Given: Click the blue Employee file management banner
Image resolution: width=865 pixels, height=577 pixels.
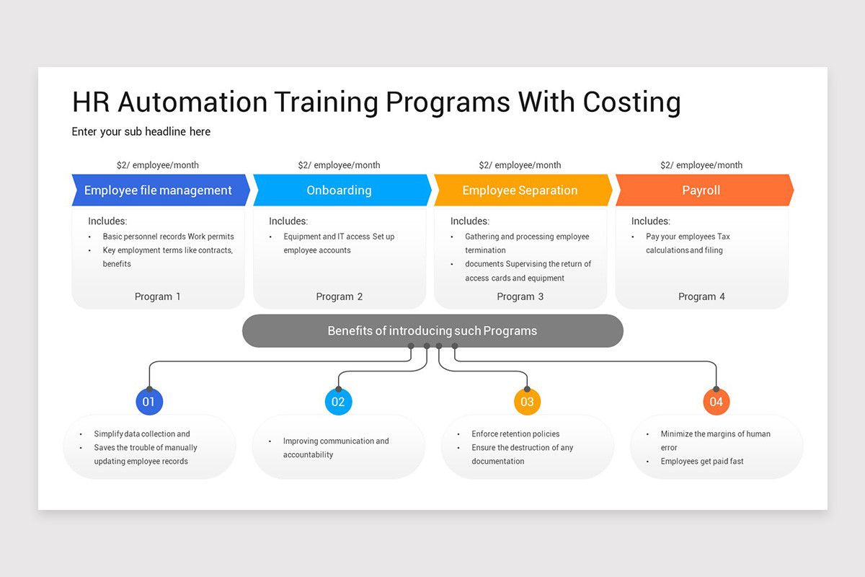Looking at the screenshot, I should click(159, 190).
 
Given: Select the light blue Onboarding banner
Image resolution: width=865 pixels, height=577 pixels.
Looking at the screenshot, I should click(340, 190).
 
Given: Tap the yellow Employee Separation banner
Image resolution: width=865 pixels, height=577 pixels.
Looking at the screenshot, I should click(520, 190).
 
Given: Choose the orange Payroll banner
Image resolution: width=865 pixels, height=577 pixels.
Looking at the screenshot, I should click(701, 190).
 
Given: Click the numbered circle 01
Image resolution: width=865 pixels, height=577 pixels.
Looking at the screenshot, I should click(149, 402).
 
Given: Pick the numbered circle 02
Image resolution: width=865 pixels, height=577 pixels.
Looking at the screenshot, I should click(338, 402).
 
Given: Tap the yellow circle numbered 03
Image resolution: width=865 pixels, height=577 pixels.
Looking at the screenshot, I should click(527, 402).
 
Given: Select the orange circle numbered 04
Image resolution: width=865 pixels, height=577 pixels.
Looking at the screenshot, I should click(716, 402).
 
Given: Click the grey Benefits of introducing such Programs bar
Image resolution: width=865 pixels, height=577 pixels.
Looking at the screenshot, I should click(432, 331).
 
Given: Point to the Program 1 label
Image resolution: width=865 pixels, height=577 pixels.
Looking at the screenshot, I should click(158, 296).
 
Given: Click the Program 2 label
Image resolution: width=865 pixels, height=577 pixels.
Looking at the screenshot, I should click(340, 296).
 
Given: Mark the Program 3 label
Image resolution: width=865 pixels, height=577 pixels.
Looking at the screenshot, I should click(520, 296).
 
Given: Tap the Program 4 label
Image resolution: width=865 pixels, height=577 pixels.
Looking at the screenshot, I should click(701, 296).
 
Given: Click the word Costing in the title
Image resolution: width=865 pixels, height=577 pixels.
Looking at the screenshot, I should click(631, 102).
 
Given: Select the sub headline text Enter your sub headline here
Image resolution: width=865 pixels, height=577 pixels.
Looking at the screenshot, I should click(141, 131).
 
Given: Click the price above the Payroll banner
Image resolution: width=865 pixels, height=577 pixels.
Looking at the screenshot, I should click(701, 165).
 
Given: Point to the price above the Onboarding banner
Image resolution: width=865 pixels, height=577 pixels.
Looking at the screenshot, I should click(339, 165).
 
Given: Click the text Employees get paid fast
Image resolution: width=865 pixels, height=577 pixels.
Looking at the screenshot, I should click(702, 461).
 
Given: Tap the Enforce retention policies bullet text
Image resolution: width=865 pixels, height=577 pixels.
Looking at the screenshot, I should click(515, 433).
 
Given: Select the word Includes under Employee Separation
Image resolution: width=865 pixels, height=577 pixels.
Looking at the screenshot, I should click(469, 221).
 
